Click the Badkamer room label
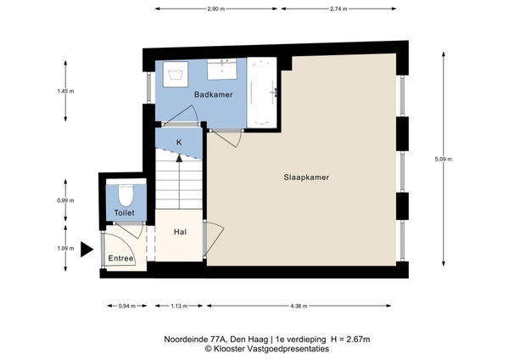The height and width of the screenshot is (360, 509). [x=213, y=94]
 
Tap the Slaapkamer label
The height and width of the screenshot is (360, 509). [x=306, y=177]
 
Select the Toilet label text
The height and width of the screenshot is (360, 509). [x=125, y=213]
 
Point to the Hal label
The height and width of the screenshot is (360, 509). [x=180, y=232]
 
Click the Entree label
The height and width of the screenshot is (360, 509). [x=120, y=258]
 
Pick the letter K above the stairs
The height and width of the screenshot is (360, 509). [x=179, y=143]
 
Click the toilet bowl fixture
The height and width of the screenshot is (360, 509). [x=126, y=195]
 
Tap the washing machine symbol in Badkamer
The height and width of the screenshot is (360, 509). [x=176, y=74]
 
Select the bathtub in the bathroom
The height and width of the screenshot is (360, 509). [x=262, y=93]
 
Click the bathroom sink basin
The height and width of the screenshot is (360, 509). [x=222, y=70]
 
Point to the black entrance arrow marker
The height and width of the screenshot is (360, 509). [x=87, y=250]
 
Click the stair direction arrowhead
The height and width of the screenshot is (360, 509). [x=179, y=158]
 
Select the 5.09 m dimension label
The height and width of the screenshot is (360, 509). [x=444, y=160]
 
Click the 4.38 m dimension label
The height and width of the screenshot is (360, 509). [x=299, y=306]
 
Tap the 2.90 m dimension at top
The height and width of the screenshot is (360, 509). [x=215, y=9]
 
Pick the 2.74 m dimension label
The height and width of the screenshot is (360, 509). [x=338, y=9]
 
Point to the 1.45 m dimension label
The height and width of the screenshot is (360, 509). [x=65, y=92]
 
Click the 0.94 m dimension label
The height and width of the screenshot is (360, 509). [x=127, y=306]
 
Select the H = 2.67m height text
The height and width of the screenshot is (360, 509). [x=350, y=340]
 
